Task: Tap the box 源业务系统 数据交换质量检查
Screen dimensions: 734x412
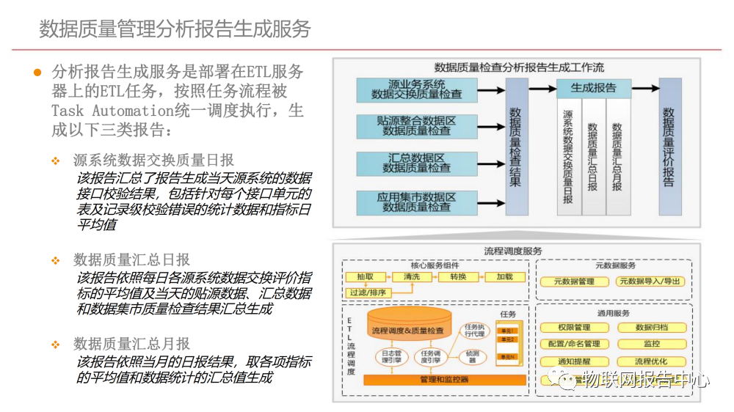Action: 416,89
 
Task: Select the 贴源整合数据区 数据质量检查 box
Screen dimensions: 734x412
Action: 416,125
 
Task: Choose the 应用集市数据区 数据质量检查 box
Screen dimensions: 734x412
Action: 416,202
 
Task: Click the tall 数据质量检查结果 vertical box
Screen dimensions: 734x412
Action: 516,147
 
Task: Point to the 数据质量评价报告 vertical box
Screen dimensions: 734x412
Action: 669,147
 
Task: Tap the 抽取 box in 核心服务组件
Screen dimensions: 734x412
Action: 366,277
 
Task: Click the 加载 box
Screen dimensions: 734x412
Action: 504,277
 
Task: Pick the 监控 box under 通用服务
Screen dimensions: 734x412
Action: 652,344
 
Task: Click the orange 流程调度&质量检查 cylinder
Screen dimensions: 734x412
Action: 408,331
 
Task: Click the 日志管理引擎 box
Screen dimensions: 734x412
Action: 389,357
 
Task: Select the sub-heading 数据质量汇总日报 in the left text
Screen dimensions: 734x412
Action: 131,260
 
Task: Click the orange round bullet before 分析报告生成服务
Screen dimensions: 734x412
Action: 37,72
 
